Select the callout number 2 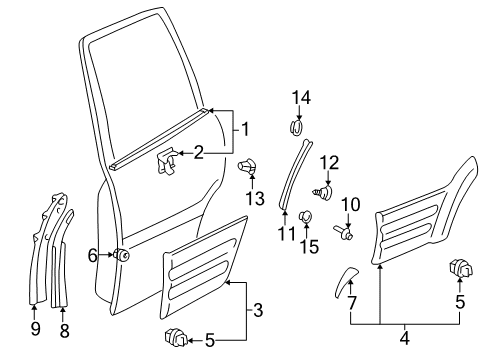[198, 152]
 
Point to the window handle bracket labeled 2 [166, 160]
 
